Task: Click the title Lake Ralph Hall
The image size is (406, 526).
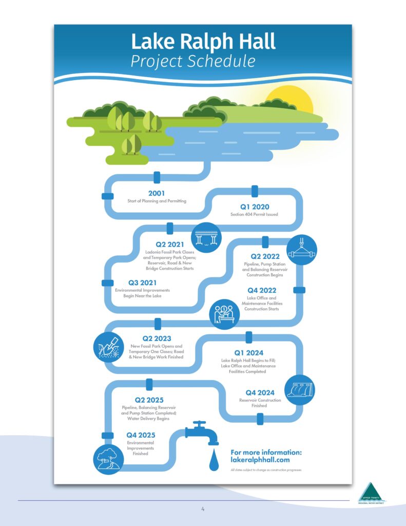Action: point(203,41)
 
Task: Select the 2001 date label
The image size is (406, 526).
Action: point(157,194)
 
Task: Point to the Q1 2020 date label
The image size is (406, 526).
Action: point(255,207)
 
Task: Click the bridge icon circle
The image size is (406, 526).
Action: point(206,238)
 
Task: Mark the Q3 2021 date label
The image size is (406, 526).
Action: point(142,283)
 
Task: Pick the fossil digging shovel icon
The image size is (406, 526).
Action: point(109,346)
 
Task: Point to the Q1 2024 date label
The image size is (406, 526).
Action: point(248,353)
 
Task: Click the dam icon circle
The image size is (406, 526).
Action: point(299,390)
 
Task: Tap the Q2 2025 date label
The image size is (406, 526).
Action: point(149,400)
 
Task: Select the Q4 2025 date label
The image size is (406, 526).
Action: point(141,435)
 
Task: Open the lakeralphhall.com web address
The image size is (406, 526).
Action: point(264,460)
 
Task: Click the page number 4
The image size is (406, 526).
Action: point(203,510)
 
